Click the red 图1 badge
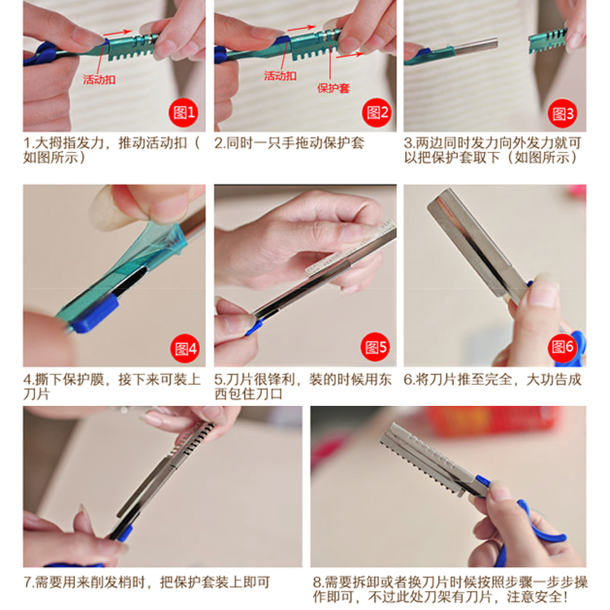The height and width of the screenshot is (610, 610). coord(183,113)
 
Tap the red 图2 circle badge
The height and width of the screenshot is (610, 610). coord(377,113)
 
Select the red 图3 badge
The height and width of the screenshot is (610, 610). coord(562,114)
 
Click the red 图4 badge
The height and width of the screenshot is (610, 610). coord(185,349)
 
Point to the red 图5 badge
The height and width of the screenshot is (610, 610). coord(375,346)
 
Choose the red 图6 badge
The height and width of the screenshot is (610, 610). coord(562,346)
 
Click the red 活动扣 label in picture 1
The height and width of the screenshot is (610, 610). coord(99,80)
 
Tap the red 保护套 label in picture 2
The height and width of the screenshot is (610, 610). coord(333,89)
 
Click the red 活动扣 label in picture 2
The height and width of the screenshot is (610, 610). coord(280,76)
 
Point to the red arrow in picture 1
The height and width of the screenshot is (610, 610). coord(117,33)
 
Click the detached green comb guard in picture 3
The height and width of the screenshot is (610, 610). coord(547,41)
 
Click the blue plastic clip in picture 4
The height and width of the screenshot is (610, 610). coord(95,313)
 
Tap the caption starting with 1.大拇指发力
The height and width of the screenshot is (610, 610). coord(111,150)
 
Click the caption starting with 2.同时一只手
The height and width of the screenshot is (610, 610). coord(289,143)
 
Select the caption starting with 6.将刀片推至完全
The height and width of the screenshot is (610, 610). coord(493,379)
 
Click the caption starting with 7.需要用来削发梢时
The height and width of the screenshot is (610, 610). coord(146,582)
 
